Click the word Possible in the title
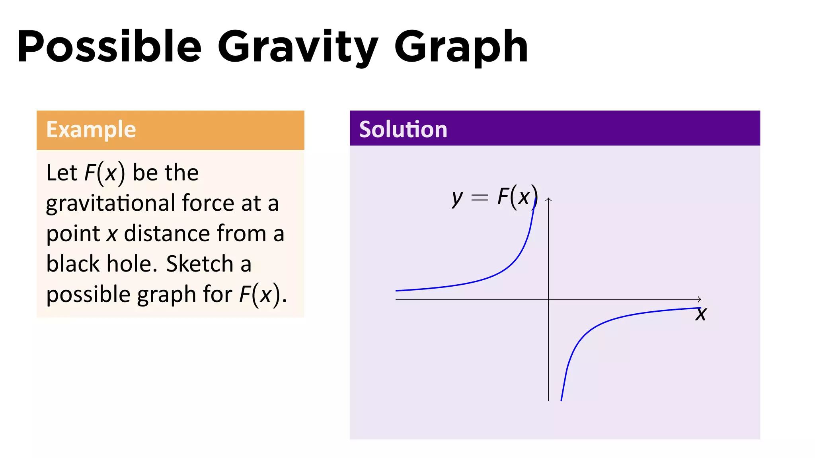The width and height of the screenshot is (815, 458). tap(109, 47)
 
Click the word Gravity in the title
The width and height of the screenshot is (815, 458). tap(298, 47)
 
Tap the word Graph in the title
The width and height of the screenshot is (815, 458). tap(461, 47)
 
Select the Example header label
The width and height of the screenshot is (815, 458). tap(91, 130)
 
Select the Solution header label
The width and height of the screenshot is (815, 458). tap(403, 130)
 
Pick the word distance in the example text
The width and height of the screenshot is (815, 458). tap(166, 233)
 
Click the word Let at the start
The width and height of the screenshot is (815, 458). tap(62, 173)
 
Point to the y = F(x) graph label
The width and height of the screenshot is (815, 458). tap(495, 197)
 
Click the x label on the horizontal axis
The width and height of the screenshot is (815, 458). tap(701, 314)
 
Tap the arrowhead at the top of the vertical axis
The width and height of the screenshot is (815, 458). tap(548, 200)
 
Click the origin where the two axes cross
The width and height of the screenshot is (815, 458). tap(548, 299)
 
